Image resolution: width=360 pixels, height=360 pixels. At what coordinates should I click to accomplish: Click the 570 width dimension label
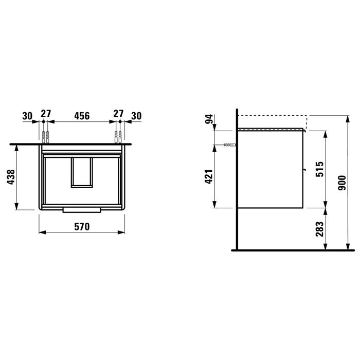tap(82, 227)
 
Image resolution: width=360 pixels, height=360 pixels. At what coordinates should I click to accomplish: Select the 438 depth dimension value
tap(11, 177)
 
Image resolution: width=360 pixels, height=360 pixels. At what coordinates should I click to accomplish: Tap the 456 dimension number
tap(82, 116)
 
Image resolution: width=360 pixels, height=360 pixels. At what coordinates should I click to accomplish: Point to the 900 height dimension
tap(342, 183)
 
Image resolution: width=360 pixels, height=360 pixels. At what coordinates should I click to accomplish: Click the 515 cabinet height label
tap(319, 169)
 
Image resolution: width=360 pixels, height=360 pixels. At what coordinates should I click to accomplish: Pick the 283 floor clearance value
tap(319, 229)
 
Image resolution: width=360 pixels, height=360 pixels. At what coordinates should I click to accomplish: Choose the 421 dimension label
tap(209, 177)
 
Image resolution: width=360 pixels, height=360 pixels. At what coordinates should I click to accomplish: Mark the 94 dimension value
tap(209, 119)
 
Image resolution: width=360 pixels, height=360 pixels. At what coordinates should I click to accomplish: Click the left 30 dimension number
tap(27, 116)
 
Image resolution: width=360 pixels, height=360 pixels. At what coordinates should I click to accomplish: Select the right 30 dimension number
tap(136, 116)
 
